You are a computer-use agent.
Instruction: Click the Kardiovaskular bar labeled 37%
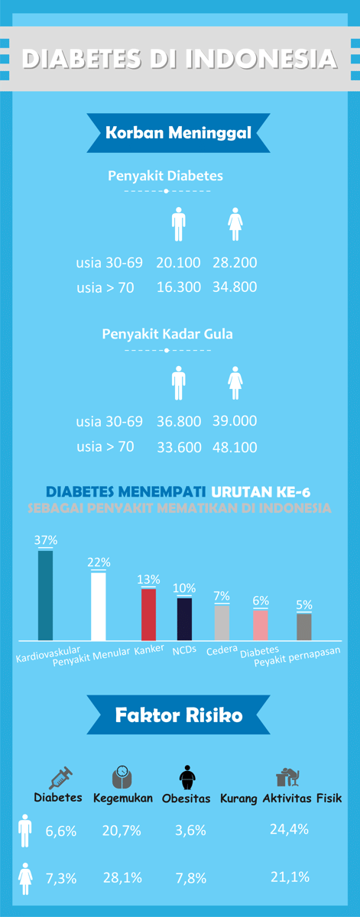(46, 595)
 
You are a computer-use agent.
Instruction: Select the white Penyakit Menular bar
(98, 606)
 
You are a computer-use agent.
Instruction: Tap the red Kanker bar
(148, 614)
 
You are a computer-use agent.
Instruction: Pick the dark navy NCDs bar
(184, 618)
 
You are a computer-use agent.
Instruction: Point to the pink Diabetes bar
(261, 624)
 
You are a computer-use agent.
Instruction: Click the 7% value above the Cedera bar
(222, 595)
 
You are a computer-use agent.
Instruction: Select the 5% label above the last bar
(304, 605)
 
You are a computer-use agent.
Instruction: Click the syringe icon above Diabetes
(60, 778)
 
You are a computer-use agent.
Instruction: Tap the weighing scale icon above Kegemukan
(122, 777)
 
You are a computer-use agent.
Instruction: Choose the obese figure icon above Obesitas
(187, 778)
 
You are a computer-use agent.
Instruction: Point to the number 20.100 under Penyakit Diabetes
(178, 263)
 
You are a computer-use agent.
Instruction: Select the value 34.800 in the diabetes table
(235, 287)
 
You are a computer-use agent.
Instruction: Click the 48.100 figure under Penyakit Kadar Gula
(235, 447)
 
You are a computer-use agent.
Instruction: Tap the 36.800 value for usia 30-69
(178, 421)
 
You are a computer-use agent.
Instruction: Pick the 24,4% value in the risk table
(289, 829)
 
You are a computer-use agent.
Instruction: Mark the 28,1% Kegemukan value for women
(122, 878)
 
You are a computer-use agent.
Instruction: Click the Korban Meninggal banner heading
(178, 132)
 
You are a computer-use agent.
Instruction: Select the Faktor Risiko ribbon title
(179, 716)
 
